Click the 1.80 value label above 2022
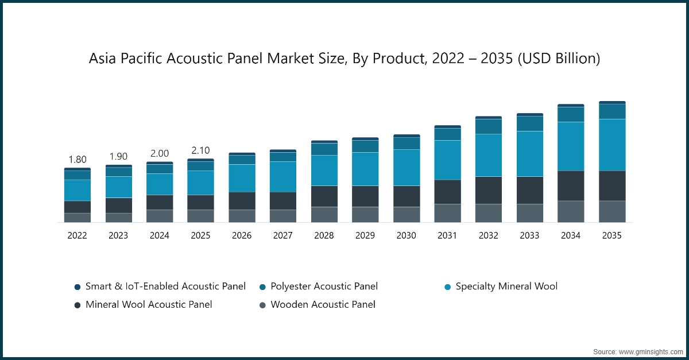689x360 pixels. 78,160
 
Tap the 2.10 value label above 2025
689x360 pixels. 200,150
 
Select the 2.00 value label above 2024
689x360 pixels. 160,153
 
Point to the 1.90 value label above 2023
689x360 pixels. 118,157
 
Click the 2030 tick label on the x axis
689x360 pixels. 407,235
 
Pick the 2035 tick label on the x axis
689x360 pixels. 612,235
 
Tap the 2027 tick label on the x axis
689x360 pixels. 283,235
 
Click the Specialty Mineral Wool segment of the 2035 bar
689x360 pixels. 612,145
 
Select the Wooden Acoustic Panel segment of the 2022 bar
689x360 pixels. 78,218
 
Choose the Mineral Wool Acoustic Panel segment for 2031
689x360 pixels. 447,192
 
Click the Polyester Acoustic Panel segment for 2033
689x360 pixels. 530,123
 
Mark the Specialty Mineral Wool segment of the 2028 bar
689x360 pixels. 324,171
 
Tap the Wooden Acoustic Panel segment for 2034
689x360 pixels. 571,211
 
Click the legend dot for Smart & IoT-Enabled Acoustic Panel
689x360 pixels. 78,287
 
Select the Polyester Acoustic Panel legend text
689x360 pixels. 324,286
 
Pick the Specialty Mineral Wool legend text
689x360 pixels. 506,286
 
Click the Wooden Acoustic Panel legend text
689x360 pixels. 323,304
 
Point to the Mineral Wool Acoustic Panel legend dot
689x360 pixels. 78,305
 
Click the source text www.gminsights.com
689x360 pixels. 651,351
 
